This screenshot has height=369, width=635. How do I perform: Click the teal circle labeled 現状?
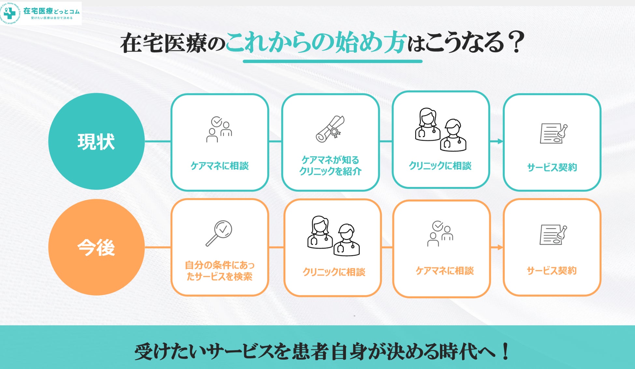click(x=96, y=141)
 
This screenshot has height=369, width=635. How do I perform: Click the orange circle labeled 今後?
click(x=96, y=247)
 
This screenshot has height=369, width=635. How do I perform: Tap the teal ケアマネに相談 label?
click(x=219, y=166)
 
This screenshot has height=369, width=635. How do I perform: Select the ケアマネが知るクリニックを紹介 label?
click(x=330, y=165)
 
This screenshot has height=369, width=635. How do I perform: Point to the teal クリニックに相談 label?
click(x=440, y=166)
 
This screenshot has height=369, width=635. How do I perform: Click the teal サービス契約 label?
click(x=552, y=167)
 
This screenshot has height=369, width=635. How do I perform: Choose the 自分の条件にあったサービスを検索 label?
click(x=219, y=271)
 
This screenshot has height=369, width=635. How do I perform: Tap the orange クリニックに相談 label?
click(x=334, y=272)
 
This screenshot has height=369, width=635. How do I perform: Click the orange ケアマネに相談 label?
click(x=444, y=271)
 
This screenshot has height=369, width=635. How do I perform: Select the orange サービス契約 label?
click(x=552, y=271)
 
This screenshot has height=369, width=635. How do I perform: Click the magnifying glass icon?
click(x=219, y=233)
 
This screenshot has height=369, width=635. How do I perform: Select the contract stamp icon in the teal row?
click(x=554, y=134)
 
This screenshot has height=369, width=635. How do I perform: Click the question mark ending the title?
click(x=517, y=42)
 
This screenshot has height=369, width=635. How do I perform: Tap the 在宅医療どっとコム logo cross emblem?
click(x=10, y=13)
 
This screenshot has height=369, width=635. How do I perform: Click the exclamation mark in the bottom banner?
click(x=506, y=352)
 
